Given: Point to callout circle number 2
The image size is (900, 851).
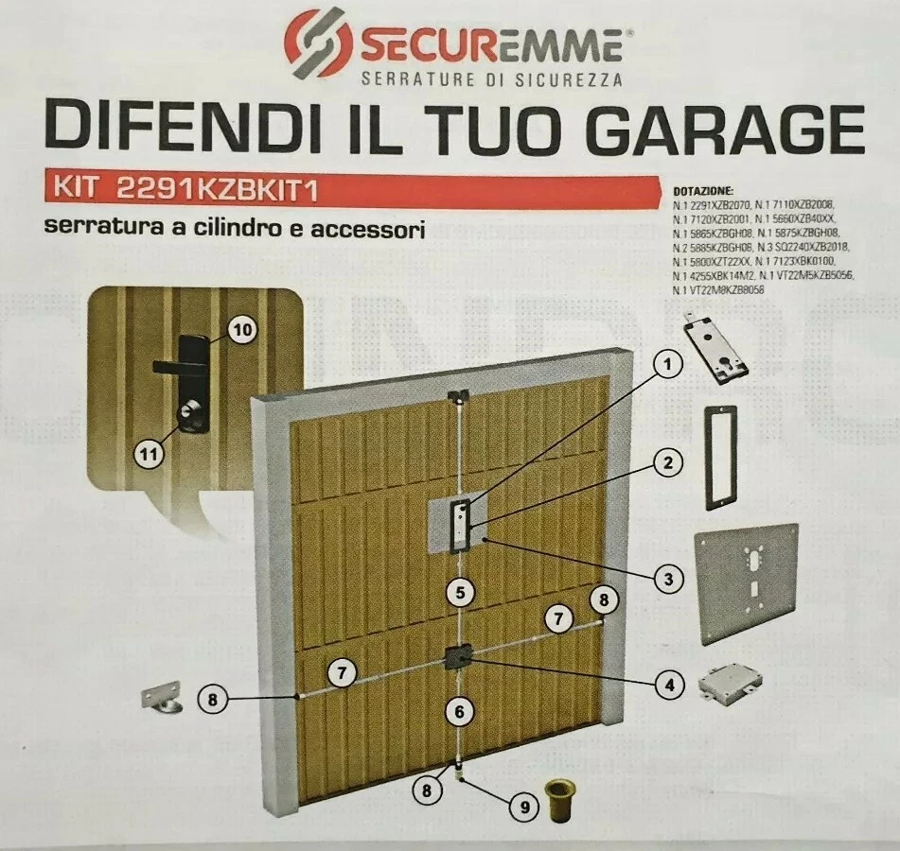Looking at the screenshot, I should click(668, 463).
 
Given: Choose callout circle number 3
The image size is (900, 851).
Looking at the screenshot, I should click(668, 575).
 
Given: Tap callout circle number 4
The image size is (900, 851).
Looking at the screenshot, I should click(669, 684).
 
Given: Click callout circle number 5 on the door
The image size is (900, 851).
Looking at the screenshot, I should click(459, 594).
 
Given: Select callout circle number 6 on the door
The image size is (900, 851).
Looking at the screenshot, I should click(458, 710).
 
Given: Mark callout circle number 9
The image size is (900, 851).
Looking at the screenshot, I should click(521, 807).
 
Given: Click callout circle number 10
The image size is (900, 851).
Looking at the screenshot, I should click(242, 330).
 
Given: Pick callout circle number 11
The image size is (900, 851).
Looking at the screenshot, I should click(149, 455).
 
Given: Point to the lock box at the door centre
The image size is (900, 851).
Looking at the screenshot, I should click(459, 656).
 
